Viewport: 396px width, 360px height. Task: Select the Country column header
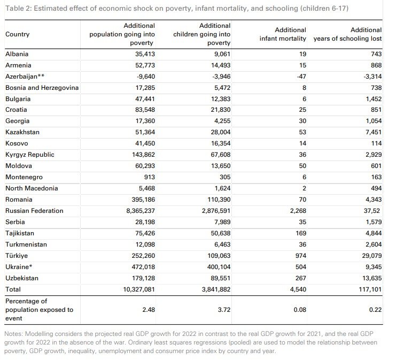pos(17,34)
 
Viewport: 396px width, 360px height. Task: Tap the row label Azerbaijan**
pos(25,76)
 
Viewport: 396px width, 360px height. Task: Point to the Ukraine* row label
pos(20,267)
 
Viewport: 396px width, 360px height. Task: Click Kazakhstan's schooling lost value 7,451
pos(372,132)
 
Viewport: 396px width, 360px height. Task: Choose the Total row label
pos(13,289)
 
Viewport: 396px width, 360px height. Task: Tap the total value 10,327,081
pos(133,289)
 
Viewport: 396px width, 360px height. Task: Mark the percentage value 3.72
pos(223,310)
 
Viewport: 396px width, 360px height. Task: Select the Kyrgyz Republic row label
pos(29,155)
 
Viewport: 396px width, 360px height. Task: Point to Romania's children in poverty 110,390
pos(219,200)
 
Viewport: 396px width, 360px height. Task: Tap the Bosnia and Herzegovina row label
pos(42,88)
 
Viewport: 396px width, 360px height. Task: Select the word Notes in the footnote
pos(14,334)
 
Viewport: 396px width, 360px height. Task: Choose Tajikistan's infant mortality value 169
pos(298,233)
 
